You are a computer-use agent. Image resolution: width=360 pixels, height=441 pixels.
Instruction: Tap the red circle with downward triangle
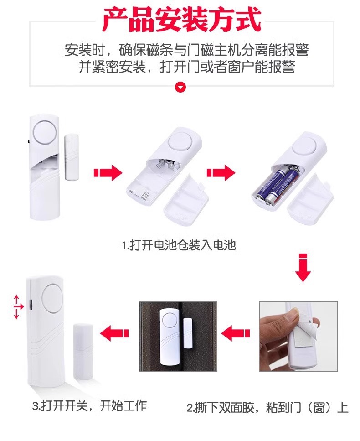[180, 87]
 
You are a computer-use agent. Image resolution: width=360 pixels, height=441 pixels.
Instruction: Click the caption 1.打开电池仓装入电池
[179, 245]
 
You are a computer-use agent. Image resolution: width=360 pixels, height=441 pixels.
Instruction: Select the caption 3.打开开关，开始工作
[89, 405]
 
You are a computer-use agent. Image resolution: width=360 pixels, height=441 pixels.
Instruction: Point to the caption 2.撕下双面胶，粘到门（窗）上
[267, 408]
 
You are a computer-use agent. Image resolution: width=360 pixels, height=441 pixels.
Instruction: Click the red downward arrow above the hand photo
[303, 267]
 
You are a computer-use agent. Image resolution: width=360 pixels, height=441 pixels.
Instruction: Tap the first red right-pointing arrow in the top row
[108, 172]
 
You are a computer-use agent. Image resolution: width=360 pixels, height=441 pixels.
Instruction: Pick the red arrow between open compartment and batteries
[221, 172]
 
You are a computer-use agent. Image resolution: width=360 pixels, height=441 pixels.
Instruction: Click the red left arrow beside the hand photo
[236, 333]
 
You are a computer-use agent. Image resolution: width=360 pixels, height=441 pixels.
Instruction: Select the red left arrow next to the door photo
[114, 333]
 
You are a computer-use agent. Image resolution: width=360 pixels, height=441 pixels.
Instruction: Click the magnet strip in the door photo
[187, 334]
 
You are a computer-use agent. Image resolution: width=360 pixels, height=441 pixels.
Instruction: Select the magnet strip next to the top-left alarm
[72, 157]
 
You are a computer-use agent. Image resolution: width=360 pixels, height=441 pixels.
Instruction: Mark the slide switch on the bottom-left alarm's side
[31, 304]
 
